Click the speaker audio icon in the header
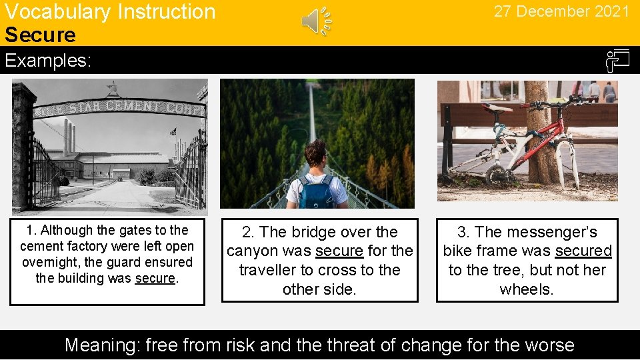(316, 21)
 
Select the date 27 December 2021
(561, 11)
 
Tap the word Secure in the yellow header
(40, 35)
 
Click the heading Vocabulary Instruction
(110, 11)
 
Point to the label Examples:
(47, 61)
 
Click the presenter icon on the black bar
(617, 61)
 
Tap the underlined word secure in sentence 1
(155, 278)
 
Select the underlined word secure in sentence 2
(339, 251)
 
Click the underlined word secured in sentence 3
(583, 251)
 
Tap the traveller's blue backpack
(317, 193)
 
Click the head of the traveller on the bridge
(315, 153)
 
